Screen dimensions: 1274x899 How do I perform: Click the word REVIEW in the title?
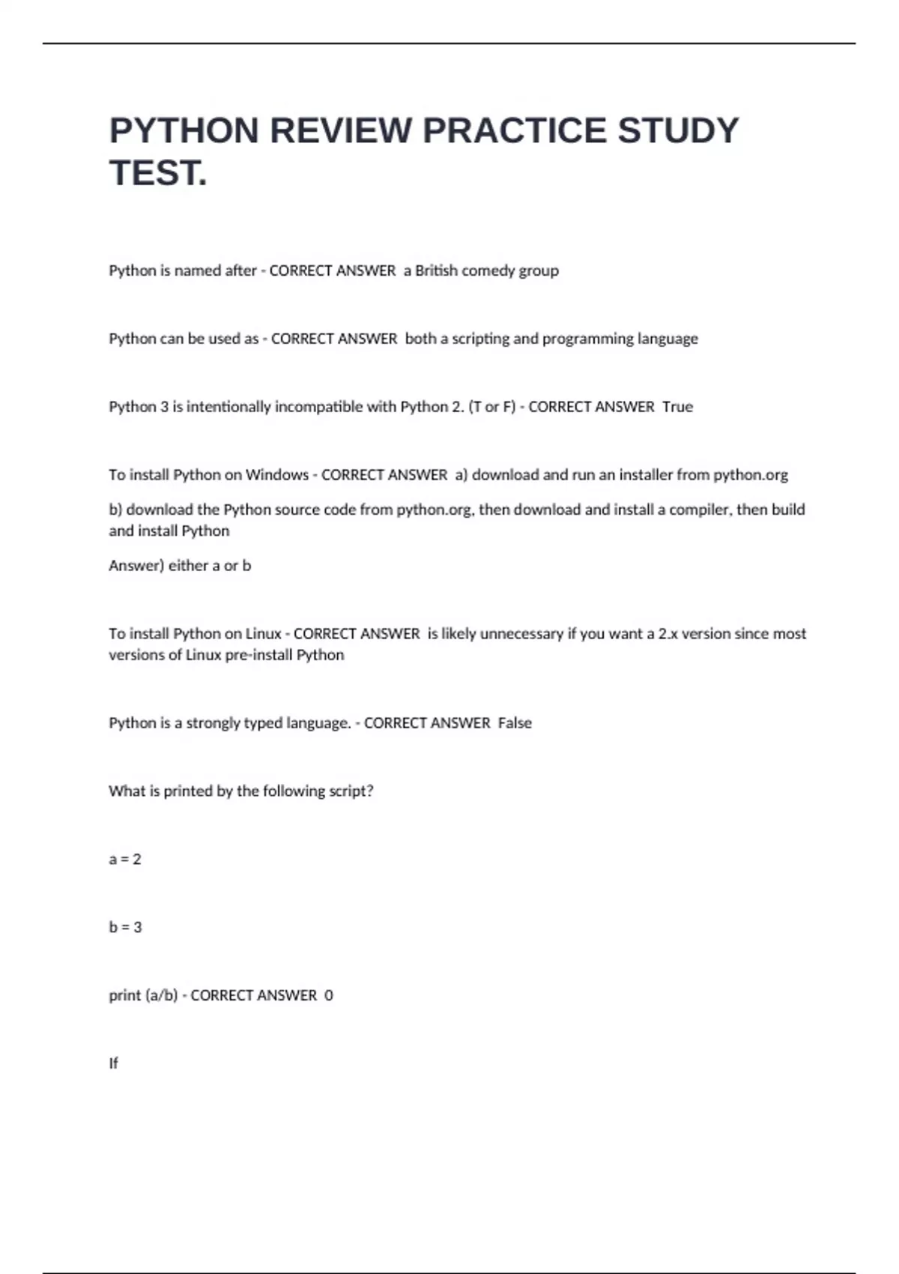pyautogui.click(x=340, y=130)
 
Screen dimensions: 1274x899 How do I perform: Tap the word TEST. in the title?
pyautogui.click(x=158, y=173)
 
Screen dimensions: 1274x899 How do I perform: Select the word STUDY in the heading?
pyautogui.click(x=678, y=130)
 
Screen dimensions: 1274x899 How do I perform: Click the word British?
pyautogui.click(x=436, y=271)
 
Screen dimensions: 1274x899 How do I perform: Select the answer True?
pyautogui.click(x=677, y=407)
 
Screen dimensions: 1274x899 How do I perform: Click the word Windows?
pyautogui.click(x=277, y=475)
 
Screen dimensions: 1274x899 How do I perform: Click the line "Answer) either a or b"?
pyautogui.click(x=180, y=566)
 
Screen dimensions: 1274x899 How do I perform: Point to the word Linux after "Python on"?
pyautogui.click(x=263, y=634)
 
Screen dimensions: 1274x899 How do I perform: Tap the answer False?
pyautogui.click(x=515, y=723)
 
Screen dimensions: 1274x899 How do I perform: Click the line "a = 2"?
pyautogui.click(x=125, y=860)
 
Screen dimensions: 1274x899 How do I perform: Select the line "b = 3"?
pyautogui.click(x=125, y=928)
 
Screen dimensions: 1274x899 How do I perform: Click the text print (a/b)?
pyautogui.click(x=143, y=996)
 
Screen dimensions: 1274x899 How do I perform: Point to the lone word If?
pyautogui.click(x=113, y=1063)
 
